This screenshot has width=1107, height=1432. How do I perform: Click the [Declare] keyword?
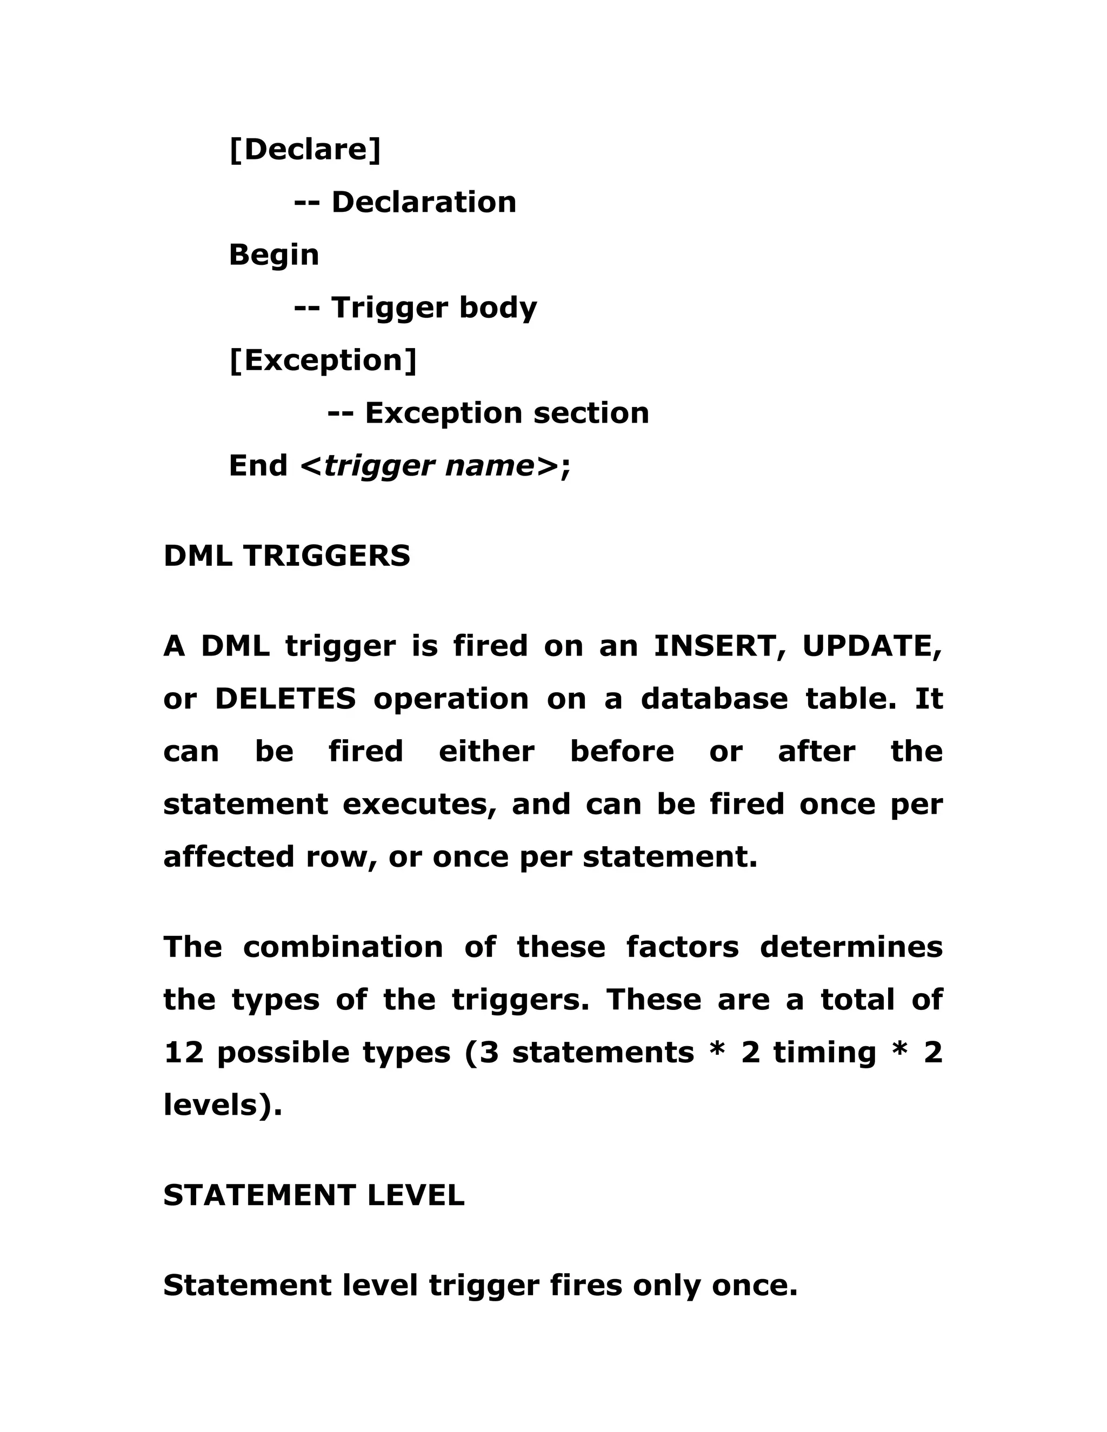pos(305,150)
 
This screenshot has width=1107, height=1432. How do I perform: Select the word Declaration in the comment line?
pos(424,202)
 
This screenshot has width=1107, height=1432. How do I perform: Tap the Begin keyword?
pos(274,255)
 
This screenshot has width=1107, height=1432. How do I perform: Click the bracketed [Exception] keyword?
pos(323,360)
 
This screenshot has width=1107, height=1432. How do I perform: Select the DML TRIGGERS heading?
pos(286,556)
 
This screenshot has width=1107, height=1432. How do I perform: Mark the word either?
pos(486,752)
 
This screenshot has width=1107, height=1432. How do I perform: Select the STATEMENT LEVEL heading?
pos(314,1195)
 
